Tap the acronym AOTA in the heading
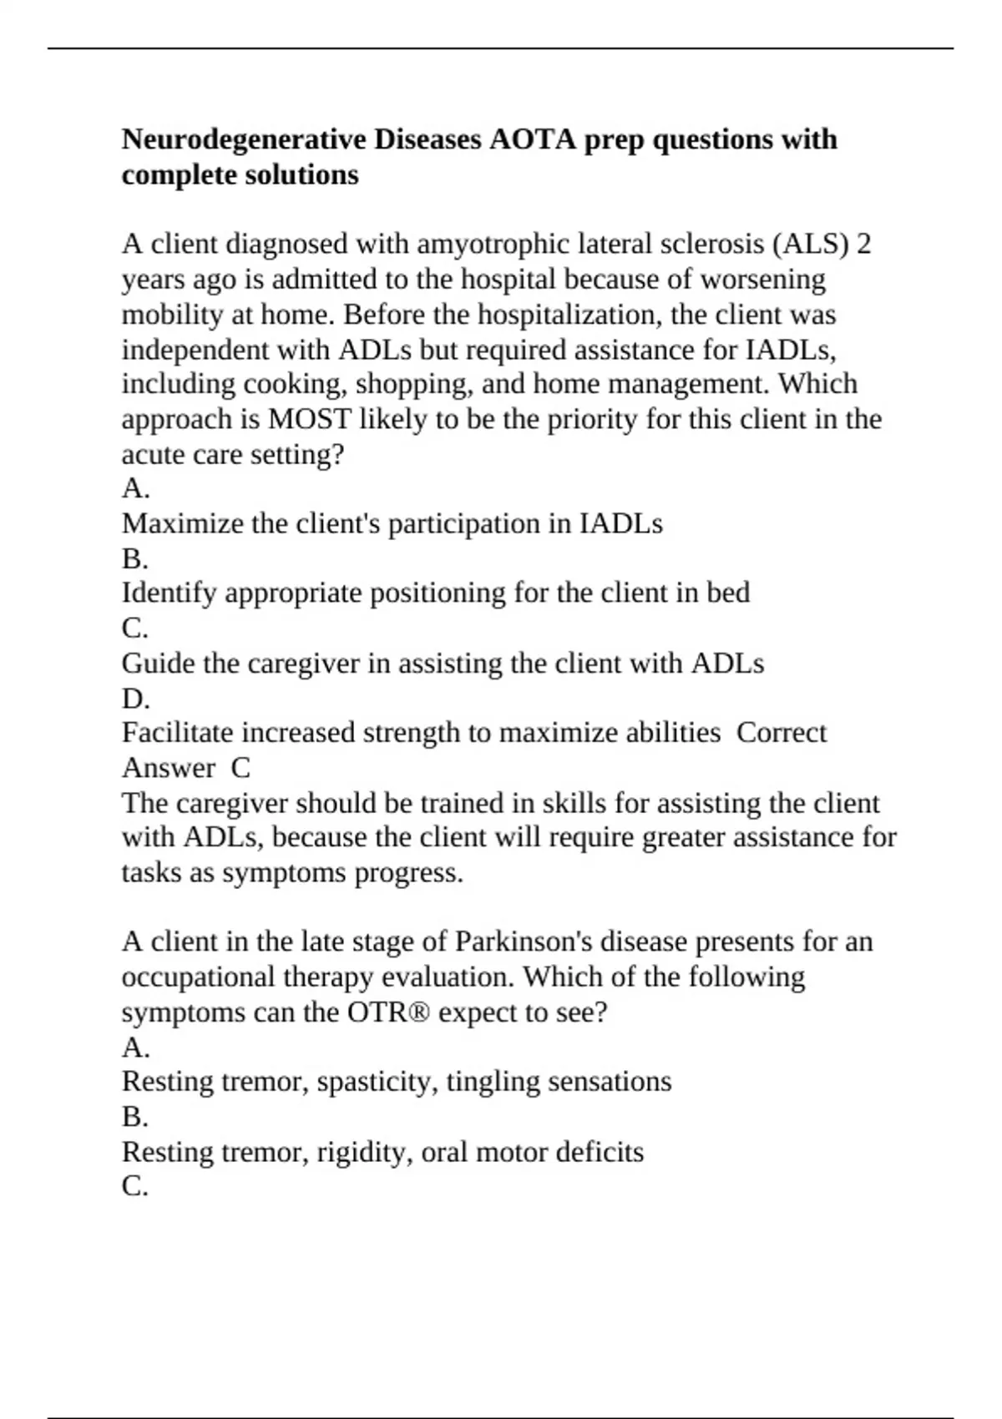click(x=533, y=139)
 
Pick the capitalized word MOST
click(x=309, y=419)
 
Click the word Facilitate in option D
click(x=178, y=733)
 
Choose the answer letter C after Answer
click(x=240, y=768)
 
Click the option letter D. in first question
click(x=135, y=699)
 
